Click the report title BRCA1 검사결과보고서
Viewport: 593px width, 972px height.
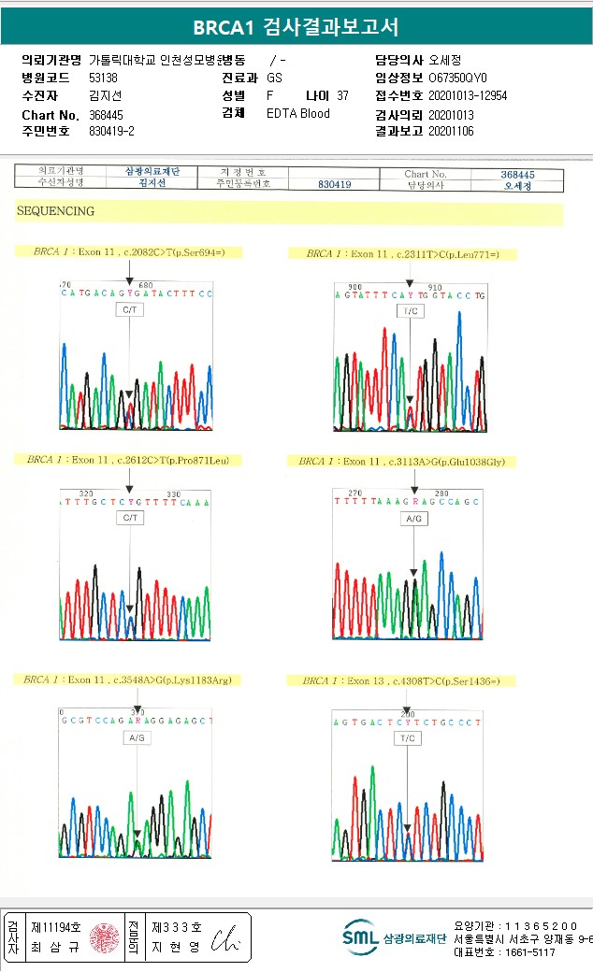point(296,26)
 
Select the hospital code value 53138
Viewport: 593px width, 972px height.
point(103,78)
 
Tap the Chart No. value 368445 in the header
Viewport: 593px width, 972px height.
point(105,114)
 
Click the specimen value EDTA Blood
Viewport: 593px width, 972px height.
point(297,114)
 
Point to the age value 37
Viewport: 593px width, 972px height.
point(342,95)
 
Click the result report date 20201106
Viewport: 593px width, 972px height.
point(451,132)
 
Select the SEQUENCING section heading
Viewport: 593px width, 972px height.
point(55,211)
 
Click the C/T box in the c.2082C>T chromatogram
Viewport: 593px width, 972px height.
point(130,308)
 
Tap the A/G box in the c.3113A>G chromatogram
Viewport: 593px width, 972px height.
point(414,518)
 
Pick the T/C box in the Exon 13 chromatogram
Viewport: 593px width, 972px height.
point(407,738)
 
